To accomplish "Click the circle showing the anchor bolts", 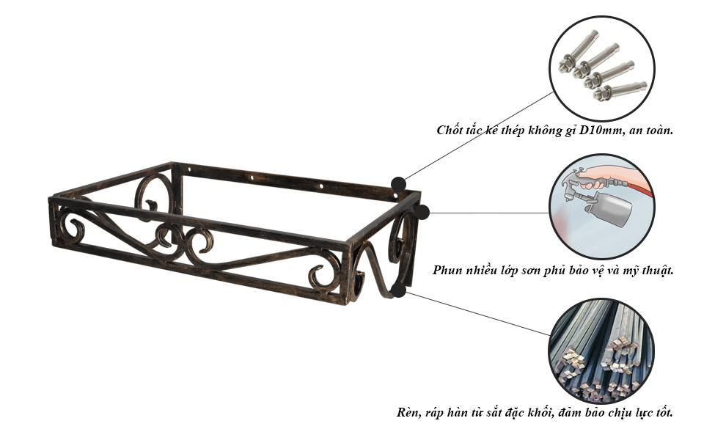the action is coord(601,68).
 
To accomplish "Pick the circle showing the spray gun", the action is coord(601,207).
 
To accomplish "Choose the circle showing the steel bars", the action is coord(601,351).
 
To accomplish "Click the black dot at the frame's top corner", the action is coord(398,184).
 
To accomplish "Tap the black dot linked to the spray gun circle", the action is coord(422,213).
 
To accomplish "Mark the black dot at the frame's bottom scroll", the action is coord(398,290).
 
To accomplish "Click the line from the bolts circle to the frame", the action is coord(477,136).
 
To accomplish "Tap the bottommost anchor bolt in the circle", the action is coord(620,89).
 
